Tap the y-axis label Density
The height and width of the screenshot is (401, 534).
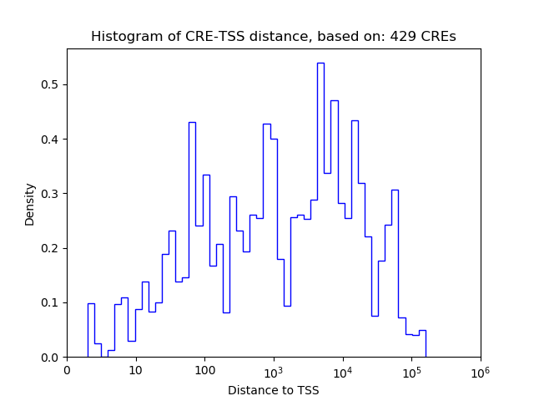click(x=30, y=204)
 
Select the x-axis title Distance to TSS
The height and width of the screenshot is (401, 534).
click(x=274, y=390)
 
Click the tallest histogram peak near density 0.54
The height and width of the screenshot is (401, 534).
click(x=320, y=63)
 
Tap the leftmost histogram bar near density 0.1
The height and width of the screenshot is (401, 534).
click(x=91, y=304)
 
